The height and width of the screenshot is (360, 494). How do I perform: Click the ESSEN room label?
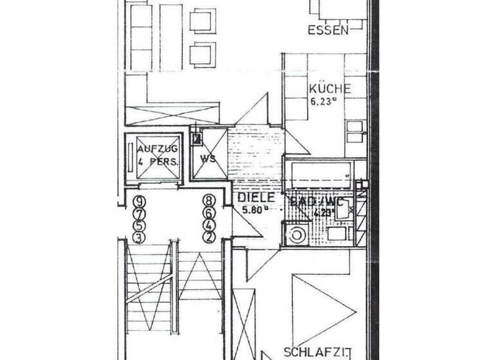(x=328, y=30)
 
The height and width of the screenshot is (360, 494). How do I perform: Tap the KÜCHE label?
(x=329, y=89)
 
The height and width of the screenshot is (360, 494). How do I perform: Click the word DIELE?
(x=256, y=197)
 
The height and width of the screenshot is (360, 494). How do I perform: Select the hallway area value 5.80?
(x=253, y=208)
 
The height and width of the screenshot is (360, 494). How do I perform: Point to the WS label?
(x=208, y=157)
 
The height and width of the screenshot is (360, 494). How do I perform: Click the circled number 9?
(x=138, y=200)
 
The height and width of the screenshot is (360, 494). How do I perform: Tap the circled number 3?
(x=138, y=237)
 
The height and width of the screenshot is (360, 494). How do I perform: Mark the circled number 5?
(x=138, y=225)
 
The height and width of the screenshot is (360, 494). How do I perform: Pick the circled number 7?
(x=138, y=212)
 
